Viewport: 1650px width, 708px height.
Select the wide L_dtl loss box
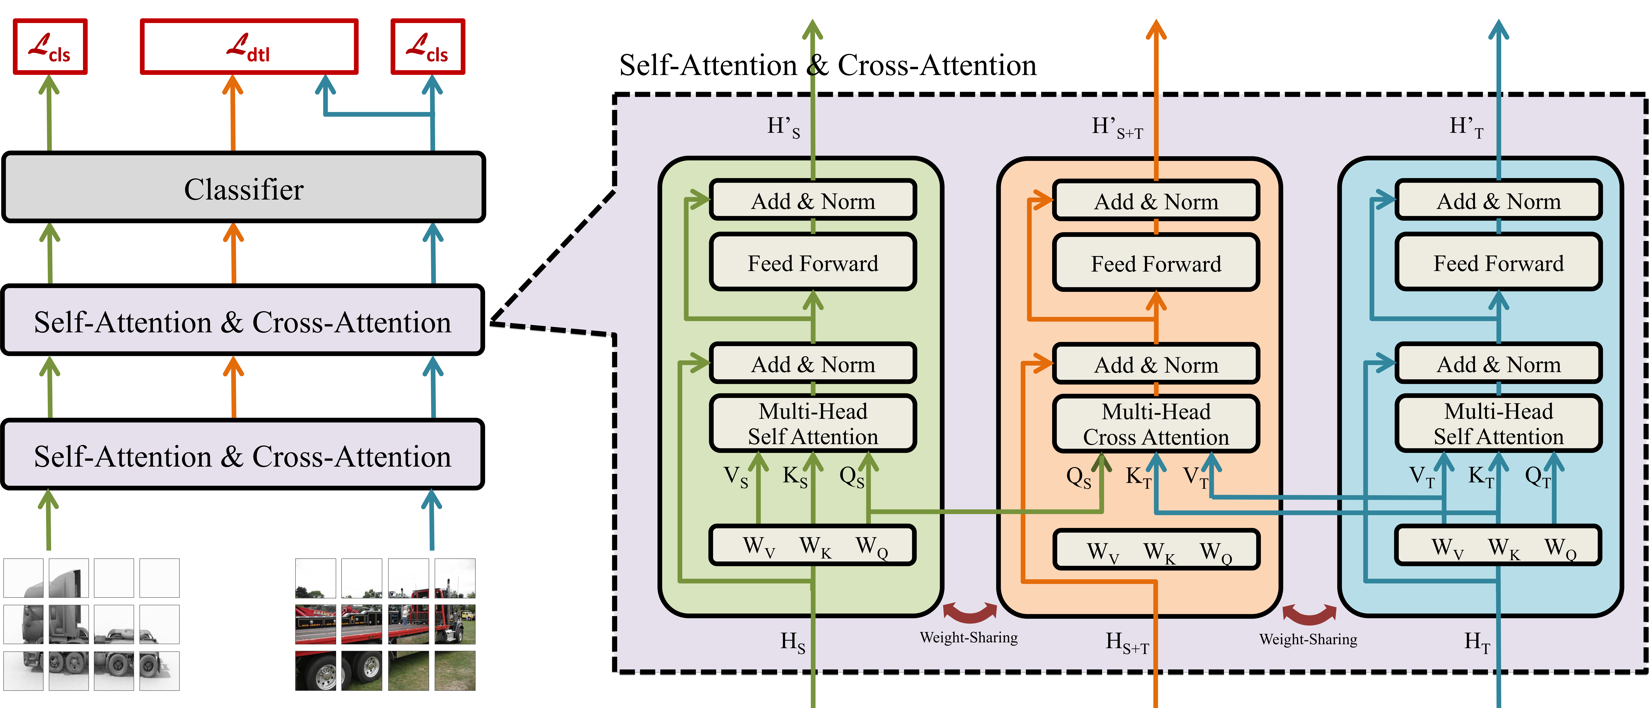(249, 47)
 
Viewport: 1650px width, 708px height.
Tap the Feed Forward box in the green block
(813, 263)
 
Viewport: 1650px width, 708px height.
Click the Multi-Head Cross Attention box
(1156, 423)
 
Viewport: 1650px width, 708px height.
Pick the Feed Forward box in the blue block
(1498, 263)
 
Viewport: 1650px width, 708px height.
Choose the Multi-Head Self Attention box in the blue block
(1498, 423)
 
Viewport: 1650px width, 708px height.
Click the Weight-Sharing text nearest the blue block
(1308, 639)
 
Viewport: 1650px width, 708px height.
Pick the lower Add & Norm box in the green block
(813, 364)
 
